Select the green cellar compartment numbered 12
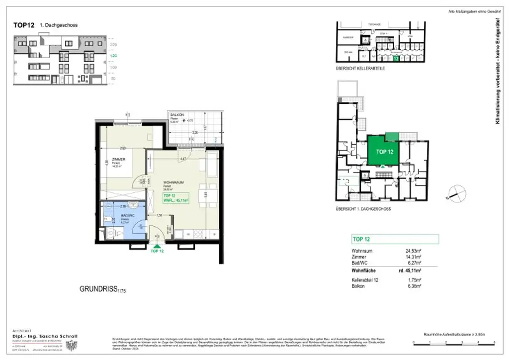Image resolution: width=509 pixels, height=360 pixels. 396,58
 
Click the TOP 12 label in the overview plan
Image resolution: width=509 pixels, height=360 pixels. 384,152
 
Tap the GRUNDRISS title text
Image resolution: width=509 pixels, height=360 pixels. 98,288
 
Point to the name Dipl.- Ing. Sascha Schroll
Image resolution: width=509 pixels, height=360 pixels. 45,336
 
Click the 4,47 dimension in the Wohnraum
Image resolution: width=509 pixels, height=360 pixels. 183,159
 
